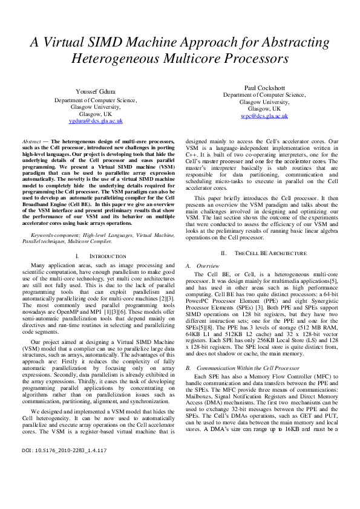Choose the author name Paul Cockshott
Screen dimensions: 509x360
(x=264, y=88)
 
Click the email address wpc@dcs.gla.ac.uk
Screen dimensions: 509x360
(x=264, y=115)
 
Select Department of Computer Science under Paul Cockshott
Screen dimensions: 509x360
(x=264, y=95)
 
